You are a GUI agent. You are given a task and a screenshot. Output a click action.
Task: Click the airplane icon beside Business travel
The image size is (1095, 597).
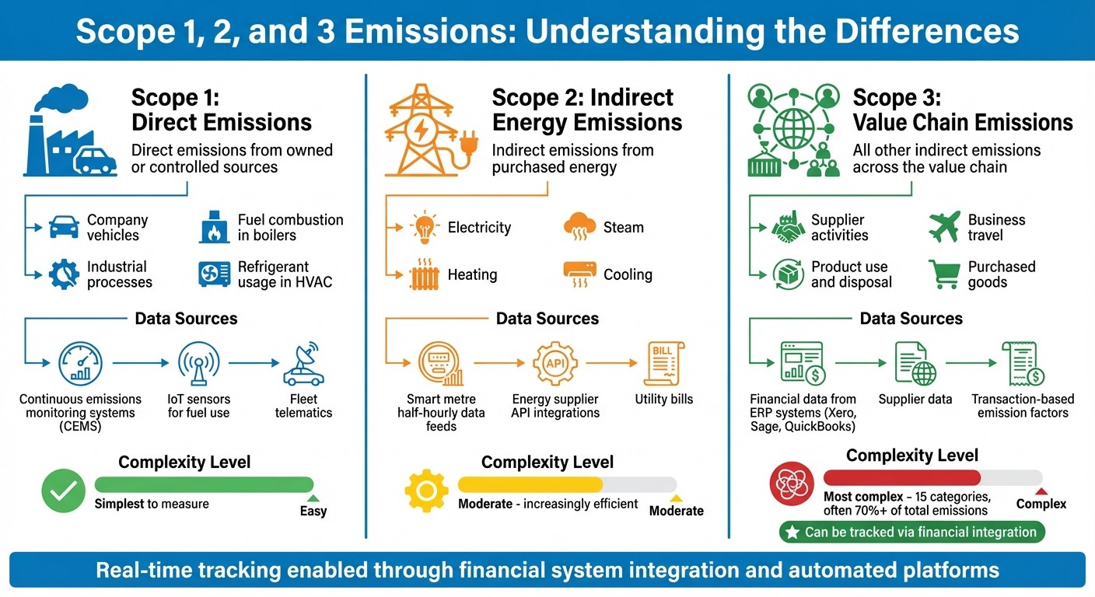pyautogui.click(x=944, y=227)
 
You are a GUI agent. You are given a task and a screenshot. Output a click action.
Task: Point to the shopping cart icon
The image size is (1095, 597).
pyautogui.click(x=944, y=274)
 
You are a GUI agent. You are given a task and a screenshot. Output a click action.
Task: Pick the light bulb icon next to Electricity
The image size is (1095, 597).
pyautogui.click(x=424, y=227)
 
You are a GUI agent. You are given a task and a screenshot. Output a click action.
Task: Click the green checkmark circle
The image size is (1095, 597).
pyautogui.click(x=64, y=491)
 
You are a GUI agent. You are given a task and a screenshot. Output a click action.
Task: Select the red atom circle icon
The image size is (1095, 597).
pyautogui.click(x=792, y=484)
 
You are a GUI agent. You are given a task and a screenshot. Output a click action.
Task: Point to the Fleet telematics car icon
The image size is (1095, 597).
pyautogui.click(x=304, y=364)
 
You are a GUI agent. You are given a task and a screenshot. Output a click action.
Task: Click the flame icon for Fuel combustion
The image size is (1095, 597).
pyautogui.click(x=215, y=227)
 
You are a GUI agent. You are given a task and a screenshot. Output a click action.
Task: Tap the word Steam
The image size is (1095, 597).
pyautogui.click(x=623, y=228)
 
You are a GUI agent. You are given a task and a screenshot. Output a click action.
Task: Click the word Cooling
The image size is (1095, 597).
pyautogui.click(x=628, y=274)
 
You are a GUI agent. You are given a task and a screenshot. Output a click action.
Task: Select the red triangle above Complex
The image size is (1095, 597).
pyautogui.click(x=1041, y=491)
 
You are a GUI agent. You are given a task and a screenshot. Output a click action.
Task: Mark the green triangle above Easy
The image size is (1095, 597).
pyautogui.click(x=313, y=497)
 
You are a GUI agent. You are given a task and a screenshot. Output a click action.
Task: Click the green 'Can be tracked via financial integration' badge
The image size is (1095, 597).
pyautogui.click(x=912, y=532)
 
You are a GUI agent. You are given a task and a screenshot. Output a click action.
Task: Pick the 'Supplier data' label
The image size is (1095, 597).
pyautogui.click(x=915, y=399)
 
